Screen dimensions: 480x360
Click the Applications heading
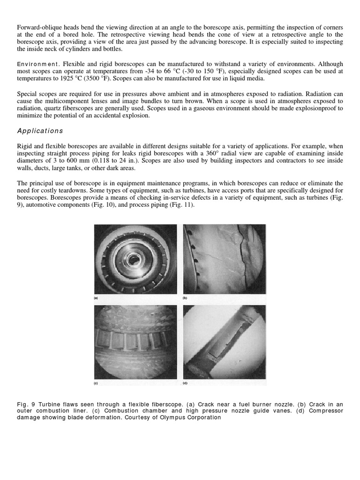pyautogui.click(x=40, y=131)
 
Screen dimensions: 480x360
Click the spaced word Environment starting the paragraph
pyautogui.click(x=37, y=64)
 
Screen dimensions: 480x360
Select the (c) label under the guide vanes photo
pyautogui.click(x=97, y=383)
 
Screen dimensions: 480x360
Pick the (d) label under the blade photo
pyautogui.click(x=185, y=383)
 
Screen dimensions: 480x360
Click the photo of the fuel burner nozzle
pyautogui.click(x=135, y=259)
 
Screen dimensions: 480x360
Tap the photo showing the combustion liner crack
pyautogui.click(x=224, y=259)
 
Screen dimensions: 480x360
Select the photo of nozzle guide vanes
pyautogui.click(x=135, y=342)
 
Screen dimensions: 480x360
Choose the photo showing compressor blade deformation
pyautogui.click(x=224, y=342)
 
